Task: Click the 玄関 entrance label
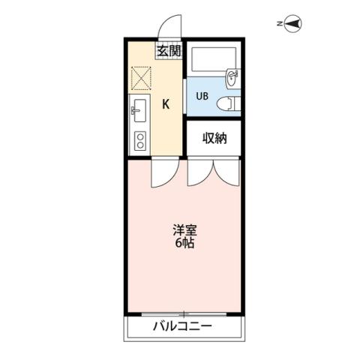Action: coord(169,51)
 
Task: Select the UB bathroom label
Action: coord(203,96)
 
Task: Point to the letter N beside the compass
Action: coord(278,24)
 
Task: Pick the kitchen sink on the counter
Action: coord(139,113)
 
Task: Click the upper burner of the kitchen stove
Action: coord(139,136)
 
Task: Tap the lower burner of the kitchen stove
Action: coord(139,145)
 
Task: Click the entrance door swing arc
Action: coord(169,28)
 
